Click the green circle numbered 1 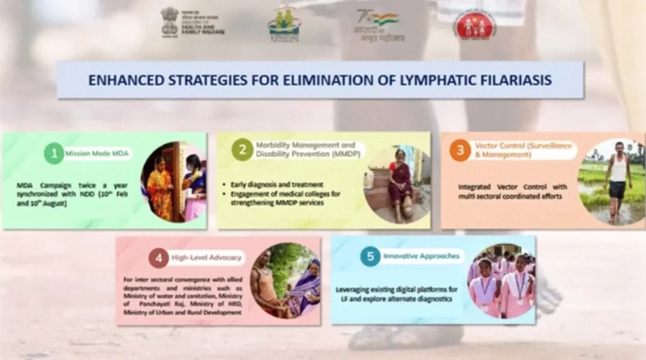(x=54, y=153)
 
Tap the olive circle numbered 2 (x=242, y=149)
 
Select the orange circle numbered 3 (x=460, y=150)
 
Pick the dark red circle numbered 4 (x=159, y=258)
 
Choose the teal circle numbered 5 (x=370, y=256)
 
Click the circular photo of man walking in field (x=611, y=182)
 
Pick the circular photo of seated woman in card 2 (x=397, y=184)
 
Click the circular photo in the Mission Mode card (x=173, y=182)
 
